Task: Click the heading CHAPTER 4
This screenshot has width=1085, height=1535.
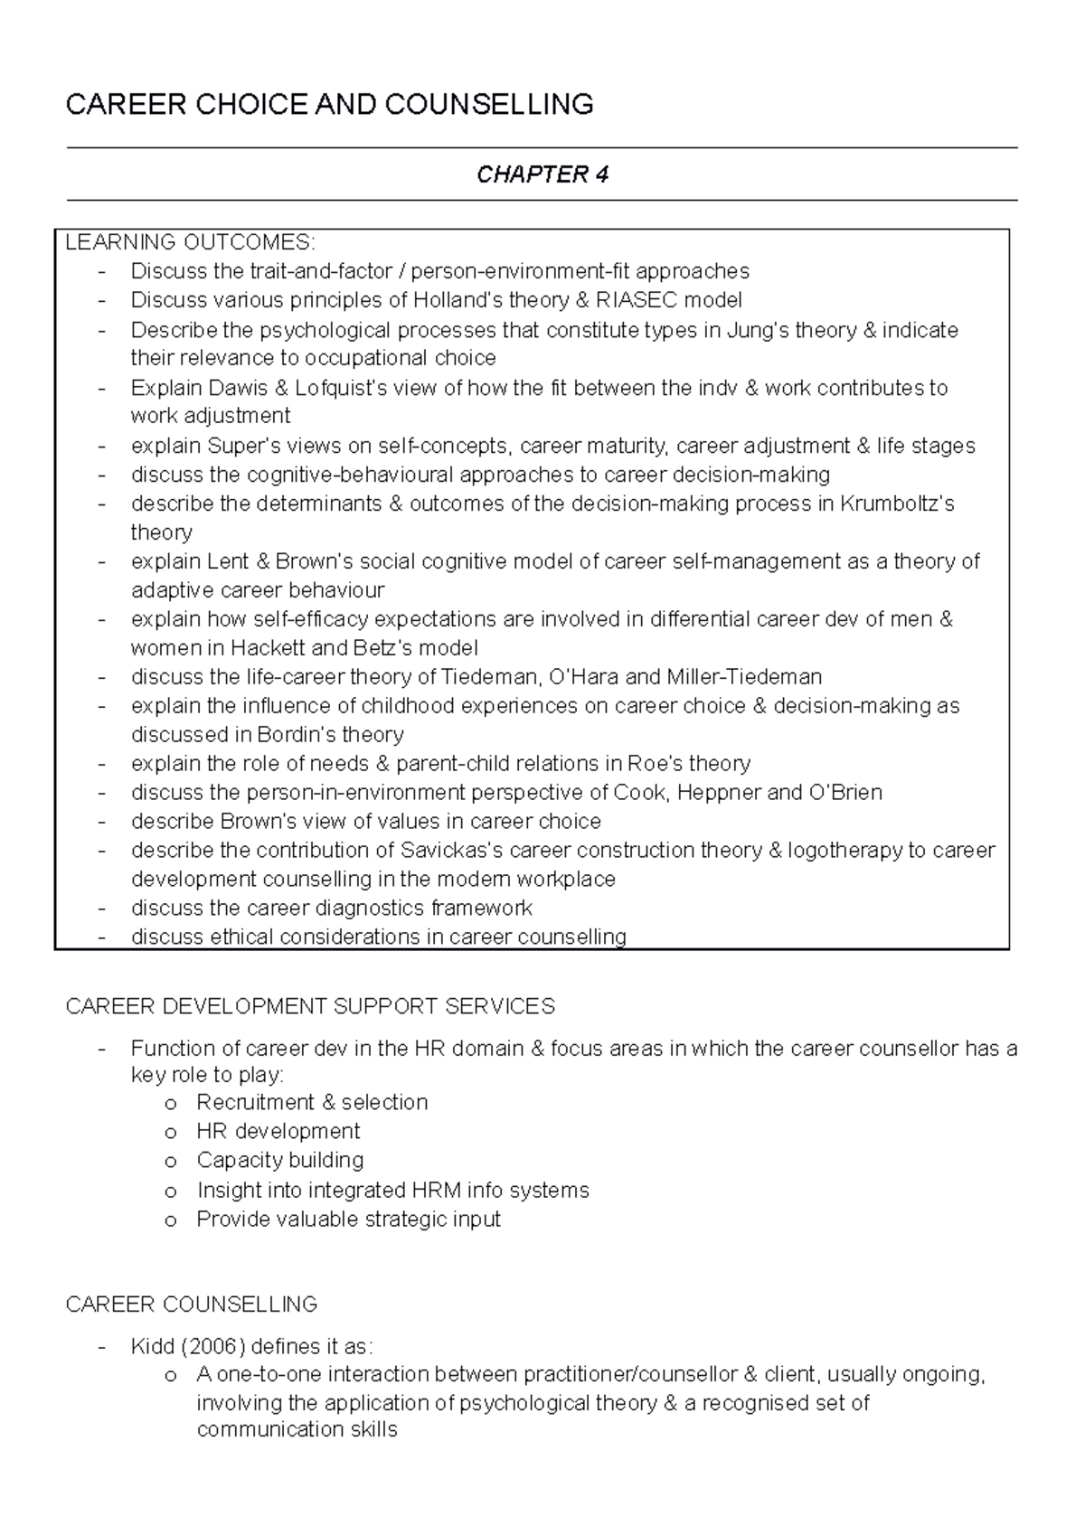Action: pyautogui.click(x=542, y=174)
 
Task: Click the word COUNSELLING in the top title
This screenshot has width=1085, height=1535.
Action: pyautogui.click(x=489, y=105)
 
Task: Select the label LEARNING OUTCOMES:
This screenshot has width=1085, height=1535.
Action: pyautogui.click(x=190, y=242)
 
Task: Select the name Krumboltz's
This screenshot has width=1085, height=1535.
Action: pyautogui.click(x=897, y=504)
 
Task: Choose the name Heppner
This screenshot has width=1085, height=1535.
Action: pyautogui.click(x=719, y=793)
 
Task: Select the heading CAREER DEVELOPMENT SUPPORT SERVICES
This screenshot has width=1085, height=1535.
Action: pyautogui.click(x=310, y=1006)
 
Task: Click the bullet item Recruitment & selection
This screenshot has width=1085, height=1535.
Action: pyautogui.click(x=312, y=1103)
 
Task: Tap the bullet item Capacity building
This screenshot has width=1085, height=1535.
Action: pyautogui.click(x=279, y=1161)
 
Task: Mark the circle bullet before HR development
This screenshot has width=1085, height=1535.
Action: pyautogui.click(x=169, y=1133)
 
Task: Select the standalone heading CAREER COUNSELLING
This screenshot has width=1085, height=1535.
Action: pyautogui.click(x=192, y=1304)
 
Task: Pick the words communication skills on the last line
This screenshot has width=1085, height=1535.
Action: pyautogui.click(x=297, y=1430)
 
